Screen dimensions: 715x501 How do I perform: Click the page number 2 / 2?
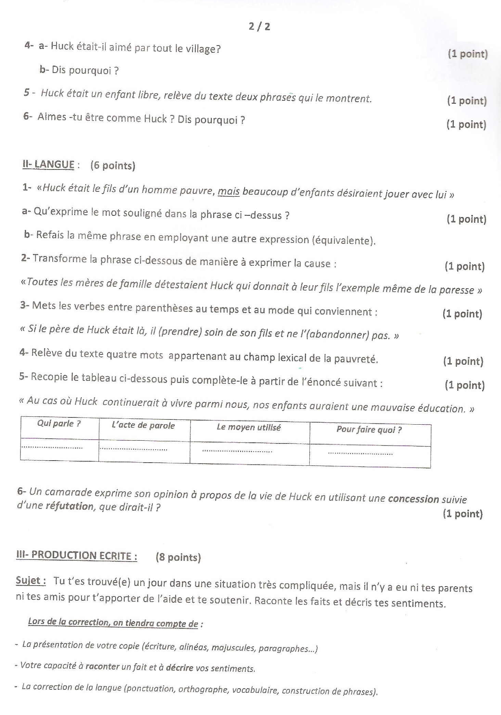click(259, 26)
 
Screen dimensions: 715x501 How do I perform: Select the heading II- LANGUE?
click(48, 165)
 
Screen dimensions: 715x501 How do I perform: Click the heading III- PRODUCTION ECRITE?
click(76, 555)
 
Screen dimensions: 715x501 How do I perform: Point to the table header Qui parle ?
click(59, 424)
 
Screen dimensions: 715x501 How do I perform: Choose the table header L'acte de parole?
click(143, 426)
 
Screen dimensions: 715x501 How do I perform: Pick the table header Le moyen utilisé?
click(249, 427)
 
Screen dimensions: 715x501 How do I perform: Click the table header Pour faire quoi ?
click(369, 429)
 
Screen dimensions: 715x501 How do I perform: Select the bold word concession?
click(413, 499)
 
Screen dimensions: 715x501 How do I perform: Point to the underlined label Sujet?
click(31, 580)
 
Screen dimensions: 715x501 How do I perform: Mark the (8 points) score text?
click(178, 557)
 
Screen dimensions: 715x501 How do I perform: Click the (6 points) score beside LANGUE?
click(113, 166)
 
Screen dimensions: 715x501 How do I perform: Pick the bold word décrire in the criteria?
click(179, 667)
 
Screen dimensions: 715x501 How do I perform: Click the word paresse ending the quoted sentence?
click(458, 290)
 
